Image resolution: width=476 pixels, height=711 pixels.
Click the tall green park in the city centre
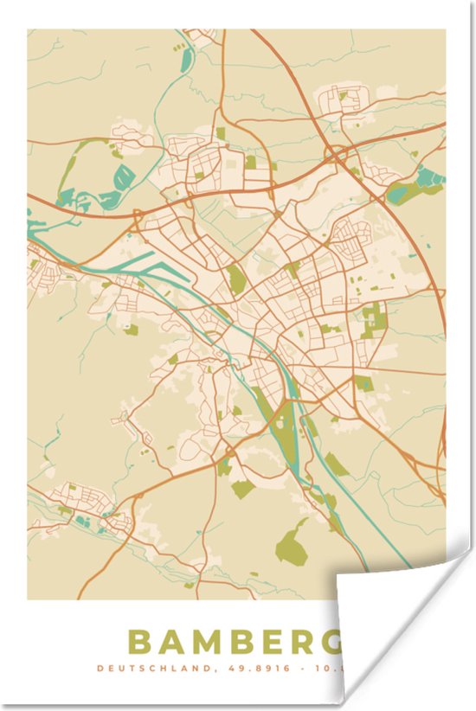coord(235,279)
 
